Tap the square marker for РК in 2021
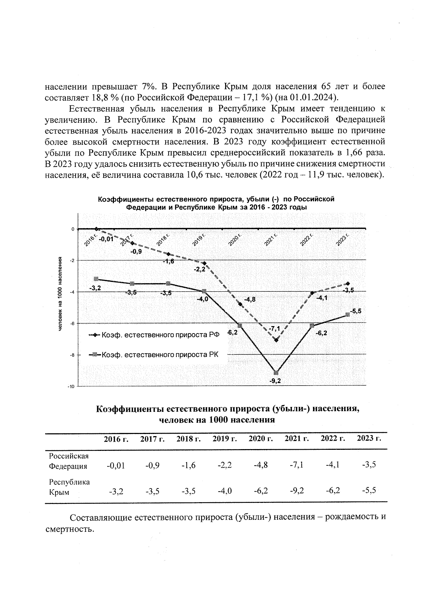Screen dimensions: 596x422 point(276,372)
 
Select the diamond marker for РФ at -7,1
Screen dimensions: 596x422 point(276,340)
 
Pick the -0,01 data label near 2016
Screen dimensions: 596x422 point(106,239)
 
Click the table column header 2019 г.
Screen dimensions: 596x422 point(224,439)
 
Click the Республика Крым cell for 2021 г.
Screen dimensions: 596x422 point(297,491)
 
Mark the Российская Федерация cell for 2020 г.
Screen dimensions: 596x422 point(261,465)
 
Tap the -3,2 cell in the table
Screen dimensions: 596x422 point(116,491)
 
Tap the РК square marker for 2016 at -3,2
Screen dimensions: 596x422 point(96,279)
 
